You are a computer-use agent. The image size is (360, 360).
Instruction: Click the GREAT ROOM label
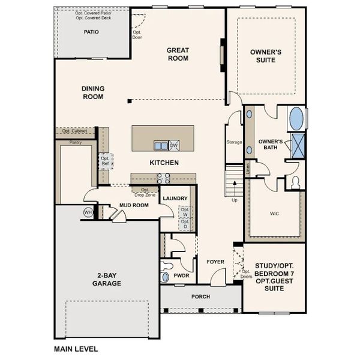tap(178, 55)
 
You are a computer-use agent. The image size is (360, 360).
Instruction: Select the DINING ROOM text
tap(93, 92)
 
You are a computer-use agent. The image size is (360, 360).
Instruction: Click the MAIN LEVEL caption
tap(76, 348)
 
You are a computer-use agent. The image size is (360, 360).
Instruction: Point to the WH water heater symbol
tap(88, 212)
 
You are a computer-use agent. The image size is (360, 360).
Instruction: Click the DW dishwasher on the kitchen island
tap(173, 145)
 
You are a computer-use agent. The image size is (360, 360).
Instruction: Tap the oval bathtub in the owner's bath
tap(296, 118)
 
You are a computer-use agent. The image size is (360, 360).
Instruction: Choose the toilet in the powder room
tap(166, 277)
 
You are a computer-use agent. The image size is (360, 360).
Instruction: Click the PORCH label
tap(200, 296)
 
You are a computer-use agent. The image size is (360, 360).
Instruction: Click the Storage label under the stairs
tap(234, 142)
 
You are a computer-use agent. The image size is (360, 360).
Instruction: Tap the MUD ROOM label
tap(133, 205)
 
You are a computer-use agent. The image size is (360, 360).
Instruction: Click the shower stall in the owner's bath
tap(297, 145)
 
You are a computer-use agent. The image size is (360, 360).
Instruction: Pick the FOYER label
tap(215, 262)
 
